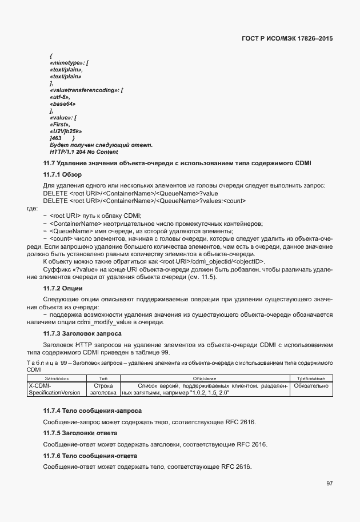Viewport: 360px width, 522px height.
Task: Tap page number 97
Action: [329, 483]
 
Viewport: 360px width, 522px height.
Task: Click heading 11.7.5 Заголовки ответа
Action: [80, 433]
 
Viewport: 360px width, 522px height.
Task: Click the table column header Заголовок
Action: [57, 378]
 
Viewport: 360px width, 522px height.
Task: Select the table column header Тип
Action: [103, 378]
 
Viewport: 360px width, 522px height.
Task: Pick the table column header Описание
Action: [204, 378]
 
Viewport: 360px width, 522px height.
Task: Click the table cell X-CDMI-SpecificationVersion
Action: [54, 389]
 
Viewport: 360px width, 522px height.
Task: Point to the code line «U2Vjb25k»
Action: [66, 131]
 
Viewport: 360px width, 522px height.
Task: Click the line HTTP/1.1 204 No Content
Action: [84, 152]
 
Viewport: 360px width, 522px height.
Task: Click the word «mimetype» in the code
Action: [66, 62]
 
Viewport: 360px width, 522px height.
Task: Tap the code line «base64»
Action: [62, 103]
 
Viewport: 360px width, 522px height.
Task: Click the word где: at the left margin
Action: [33, 208]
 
